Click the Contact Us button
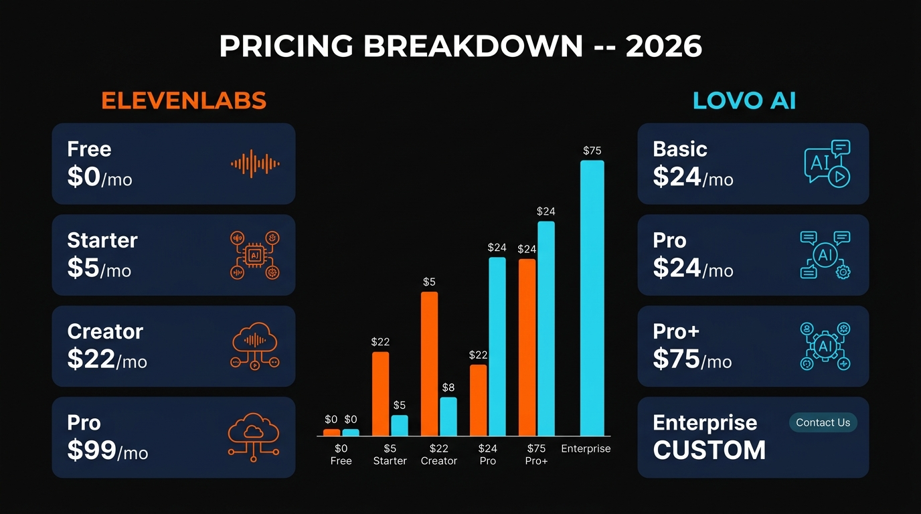[823, 422]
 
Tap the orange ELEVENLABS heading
[184, 100]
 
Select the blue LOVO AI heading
[744, 100]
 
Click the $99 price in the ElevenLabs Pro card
[92, 450]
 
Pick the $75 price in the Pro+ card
[677, 359]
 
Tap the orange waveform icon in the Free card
[255, 163]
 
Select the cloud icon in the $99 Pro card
[254, 437]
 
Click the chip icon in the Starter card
[254, 255]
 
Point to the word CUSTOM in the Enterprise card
[709, 450]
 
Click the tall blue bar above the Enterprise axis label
[592, 298]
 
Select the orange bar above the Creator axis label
[429, 364]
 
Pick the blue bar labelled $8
[448, 416]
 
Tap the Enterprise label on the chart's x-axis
[586, 448]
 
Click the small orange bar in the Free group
[331, 432]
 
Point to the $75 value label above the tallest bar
[592, 151]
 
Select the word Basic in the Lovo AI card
[679, 149]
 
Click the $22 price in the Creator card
[91, 359]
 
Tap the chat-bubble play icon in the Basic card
[827, 163]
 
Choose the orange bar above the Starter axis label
[380, 394]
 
